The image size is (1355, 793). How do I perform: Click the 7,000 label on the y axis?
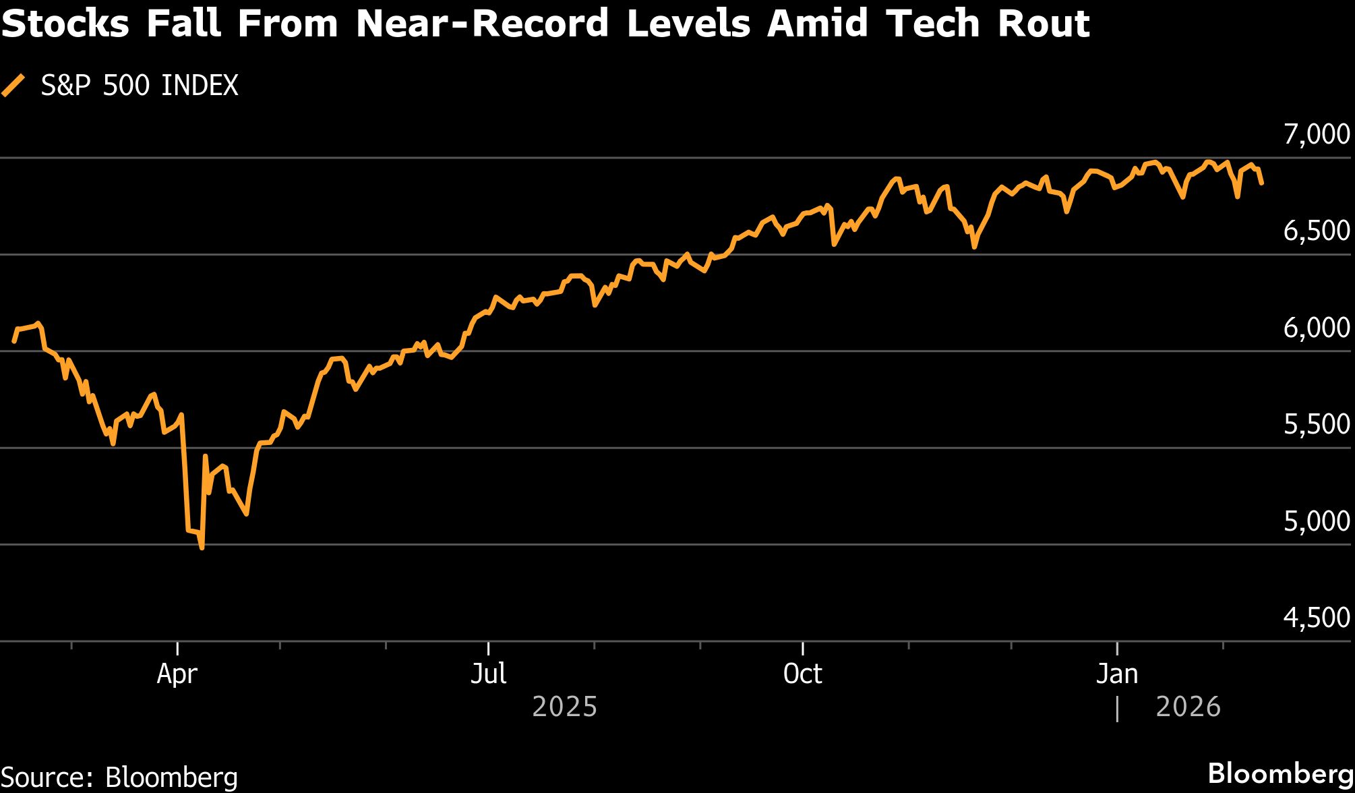[1317, 135]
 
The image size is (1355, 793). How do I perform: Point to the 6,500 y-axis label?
[1317, 231]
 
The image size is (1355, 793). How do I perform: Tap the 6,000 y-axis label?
[1317, 328]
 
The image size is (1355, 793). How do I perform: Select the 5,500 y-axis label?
[1317, 425]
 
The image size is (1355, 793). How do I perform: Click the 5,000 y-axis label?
[1317, 521]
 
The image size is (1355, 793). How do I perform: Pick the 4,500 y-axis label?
[1317, 618]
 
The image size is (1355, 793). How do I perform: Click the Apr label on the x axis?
[177, 674]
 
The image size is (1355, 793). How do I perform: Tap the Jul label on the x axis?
[488, 674]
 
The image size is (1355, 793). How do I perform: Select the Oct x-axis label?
[802, 674]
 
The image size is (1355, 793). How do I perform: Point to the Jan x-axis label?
[1117, 674]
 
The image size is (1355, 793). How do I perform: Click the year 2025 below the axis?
[564, 707]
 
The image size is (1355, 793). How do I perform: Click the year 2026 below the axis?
[1188, 707]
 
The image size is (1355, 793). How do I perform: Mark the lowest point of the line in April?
[202, 548]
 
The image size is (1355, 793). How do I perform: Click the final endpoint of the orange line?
[1261, 183]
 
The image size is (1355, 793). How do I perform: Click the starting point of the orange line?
[14, 341]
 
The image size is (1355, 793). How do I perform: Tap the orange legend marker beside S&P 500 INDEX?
[13, 86]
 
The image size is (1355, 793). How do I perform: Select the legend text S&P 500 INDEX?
[140, 86]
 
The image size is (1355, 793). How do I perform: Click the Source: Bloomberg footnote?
[119, 776]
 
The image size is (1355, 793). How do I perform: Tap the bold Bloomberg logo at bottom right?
[1280, 773]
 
